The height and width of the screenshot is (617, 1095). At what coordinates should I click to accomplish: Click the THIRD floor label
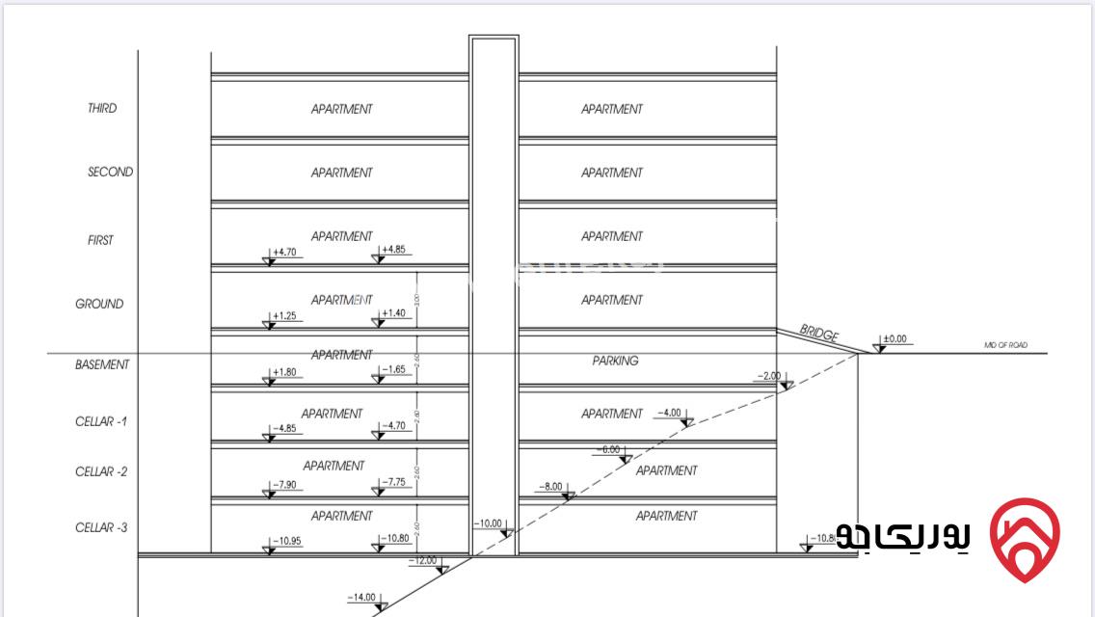pyautogui.click(x=102, y=108)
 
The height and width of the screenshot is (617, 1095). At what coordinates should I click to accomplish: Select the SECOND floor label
pyautogui.click(x=111, y=172)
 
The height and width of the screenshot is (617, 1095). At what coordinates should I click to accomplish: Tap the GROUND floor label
pyautogui.click(x=99, y=304)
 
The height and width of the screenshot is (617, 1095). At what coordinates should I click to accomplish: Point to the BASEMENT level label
pyautogui.click(x=102, y=364)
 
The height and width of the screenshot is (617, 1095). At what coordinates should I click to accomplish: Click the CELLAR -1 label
pyautogui.click(x=101, y=421)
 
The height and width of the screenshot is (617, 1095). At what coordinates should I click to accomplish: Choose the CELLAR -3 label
pyautogui.click(x=101, y=527)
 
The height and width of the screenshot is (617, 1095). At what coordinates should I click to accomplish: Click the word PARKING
pyautogui.click(x=615, y=361)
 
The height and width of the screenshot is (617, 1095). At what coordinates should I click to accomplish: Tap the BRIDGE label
pyautogui.click(x=819, y=334)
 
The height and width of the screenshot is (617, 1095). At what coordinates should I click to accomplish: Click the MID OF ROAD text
pyautogui.click(x=1005, y=344)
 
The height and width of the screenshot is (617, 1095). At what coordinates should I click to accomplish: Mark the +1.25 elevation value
pyautogui.click(x=283, y=315)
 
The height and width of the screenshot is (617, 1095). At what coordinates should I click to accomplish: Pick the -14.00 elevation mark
pyautogui.click(x=361, y=597)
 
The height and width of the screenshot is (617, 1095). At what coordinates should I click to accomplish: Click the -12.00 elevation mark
pyautogui.click(x=423, y=560)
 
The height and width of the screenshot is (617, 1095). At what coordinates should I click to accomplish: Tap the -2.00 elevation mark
pyautogui.click(x=768, y=375)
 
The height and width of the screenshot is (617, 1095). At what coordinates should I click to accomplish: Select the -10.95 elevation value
pyautogui.click(x=286, y=541)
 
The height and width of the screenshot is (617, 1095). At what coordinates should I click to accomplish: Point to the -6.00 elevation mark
pyautogui.click(x=609, y=449)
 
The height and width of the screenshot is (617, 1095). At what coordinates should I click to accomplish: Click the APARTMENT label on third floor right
pyautogui.click(x=611, y=109)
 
